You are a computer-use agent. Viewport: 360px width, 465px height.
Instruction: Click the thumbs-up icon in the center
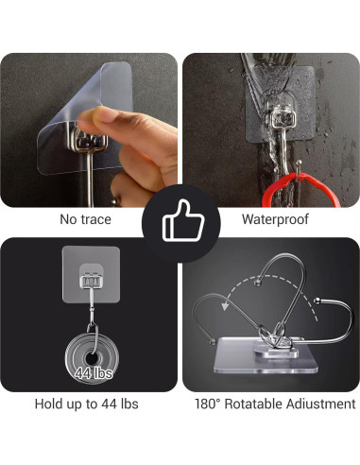click(x=182, y=221)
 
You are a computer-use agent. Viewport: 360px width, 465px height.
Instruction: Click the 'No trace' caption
click(x=85, y=219)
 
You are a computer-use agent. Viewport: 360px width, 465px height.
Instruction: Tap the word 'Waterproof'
click(x=275, y=219)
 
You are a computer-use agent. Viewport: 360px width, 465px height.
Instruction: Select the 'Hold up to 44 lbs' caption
click(x=86, y=404)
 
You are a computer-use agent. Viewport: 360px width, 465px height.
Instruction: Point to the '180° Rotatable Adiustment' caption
click(x=275, y=404)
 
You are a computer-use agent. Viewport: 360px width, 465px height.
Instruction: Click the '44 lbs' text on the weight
click(x=94, y=373)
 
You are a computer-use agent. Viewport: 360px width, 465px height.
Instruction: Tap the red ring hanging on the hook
click(x=300, y=188)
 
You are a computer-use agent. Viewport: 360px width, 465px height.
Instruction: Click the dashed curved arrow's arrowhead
click(x=225, y=305)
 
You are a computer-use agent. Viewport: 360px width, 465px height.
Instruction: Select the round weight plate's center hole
click(x=92, y=358)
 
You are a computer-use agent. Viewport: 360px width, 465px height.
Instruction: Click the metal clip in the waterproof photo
click(x=282, y=117)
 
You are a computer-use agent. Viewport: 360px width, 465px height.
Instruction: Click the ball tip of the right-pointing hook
click(x=317, y=301)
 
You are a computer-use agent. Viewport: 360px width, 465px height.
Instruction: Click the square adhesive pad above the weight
click(x=91, y=274)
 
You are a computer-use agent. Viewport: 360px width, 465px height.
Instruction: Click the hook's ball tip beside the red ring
click(x=299, y=163)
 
